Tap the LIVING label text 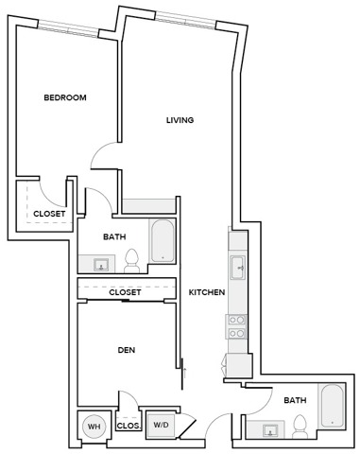pyautogui.click(x=180, y=120)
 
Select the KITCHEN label pyautogui.click(x=206, y=293)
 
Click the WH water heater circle pyautogui.click(x=94, y=427)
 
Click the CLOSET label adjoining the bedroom pyautogui.click(x=49, y=215)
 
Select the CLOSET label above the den pyautogui.click(x=125, y=293)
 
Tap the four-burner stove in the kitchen pyautogui.click(x=238, y=326)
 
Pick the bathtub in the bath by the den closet pyautogui.click(x=162, y=240)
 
